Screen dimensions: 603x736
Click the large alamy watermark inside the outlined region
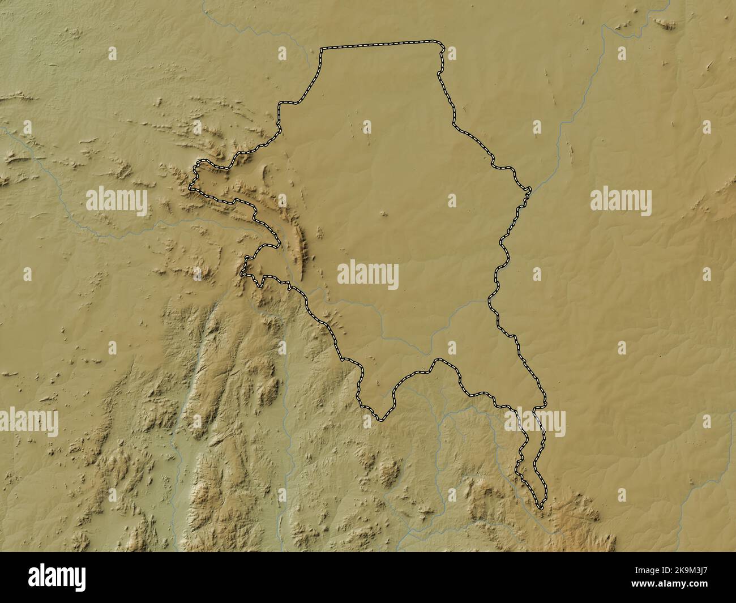tap(368, 276)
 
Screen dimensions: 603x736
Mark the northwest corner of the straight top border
tap(322, 49)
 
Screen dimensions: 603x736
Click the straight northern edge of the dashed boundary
tap(379, 45)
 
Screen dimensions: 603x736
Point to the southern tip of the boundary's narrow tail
tap(540, 508)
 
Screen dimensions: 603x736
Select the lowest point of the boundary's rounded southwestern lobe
tap(380, 420)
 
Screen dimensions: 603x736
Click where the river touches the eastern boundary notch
tap(528, 190)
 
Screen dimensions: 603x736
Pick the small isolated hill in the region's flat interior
tap(384, 214)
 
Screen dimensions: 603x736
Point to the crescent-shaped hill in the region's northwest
tap(264, 172)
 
